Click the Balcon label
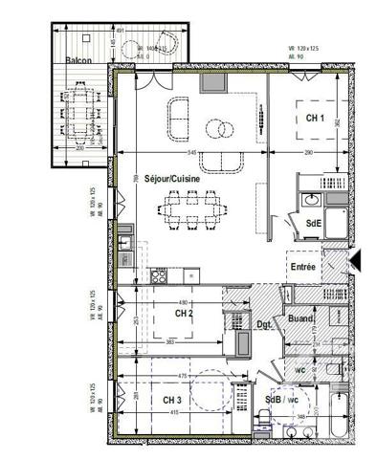tap(78, 60)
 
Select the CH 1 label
tap(316, 118)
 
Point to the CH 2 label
tap(185, 314)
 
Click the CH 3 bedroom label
tap(171, 400)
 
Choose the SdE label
tap(313, 223)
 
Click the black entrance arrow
tap(357, 259)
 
